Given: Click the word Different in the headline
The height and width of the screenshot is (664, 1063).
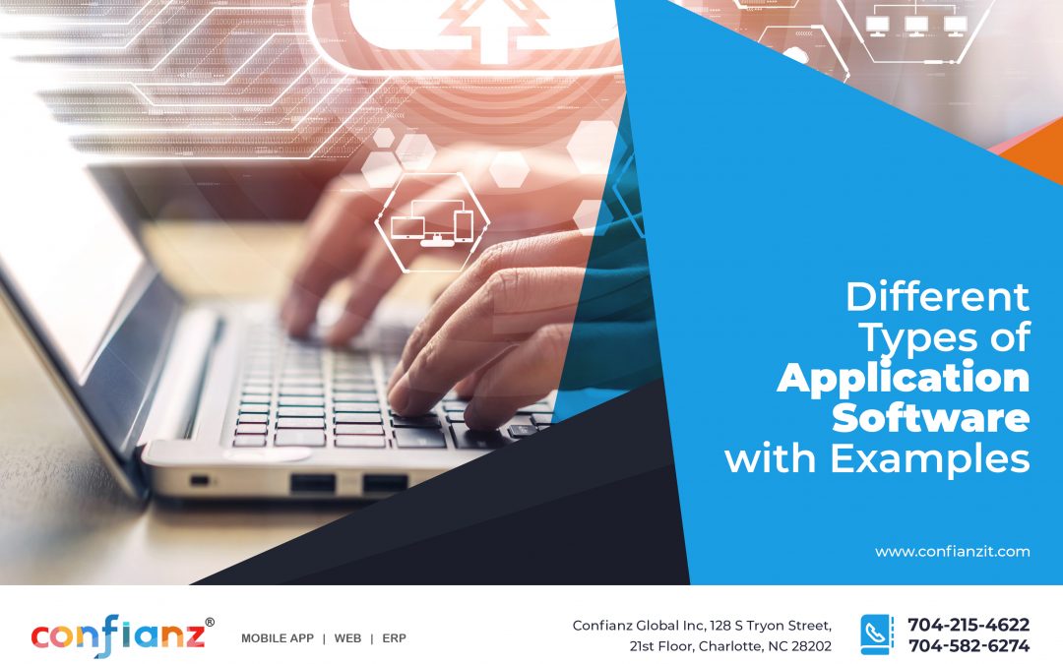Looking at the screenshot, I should click(937, 296).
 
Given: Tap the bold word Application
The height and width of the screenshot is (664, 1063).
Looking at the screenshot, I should click(903, 379).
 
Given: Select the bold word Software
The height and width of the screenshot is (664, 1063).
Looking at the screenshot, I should click(930, 417).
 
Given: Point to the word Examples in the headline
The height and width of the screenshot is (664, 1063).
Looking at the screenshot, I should click(930, 457).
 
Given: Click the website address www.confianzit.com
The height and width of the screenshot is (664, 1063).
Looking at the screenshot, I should click(952, 552).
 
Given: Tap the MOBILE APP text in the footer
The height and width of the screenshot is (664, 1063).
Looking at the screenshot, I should click(278, 638).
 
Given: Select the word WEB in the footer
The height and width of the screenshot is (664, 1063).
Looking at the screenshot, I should click(347, 638).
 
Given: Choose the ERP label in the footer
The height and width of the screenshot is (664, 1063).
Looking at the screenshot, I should click(394, 638).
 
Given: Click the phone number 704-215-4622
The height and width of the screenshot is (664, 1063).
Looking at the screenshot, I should click(968, 625).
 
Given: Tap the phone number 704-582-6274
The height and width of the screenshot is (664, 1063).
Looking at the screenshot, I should click(968, 646).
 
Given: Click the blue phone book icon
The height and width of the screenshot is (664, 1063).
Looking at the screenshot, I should click(876, 634).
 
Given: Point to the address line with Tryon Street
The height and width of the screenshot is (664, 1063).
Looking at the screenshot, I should click(702, 626).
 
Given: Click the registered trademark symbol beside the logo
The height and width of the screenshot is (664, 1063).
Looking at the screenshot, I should click(209, 622).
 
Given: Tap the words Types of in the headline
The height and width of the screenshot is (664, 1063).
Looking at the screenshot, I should click(944, 337).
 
